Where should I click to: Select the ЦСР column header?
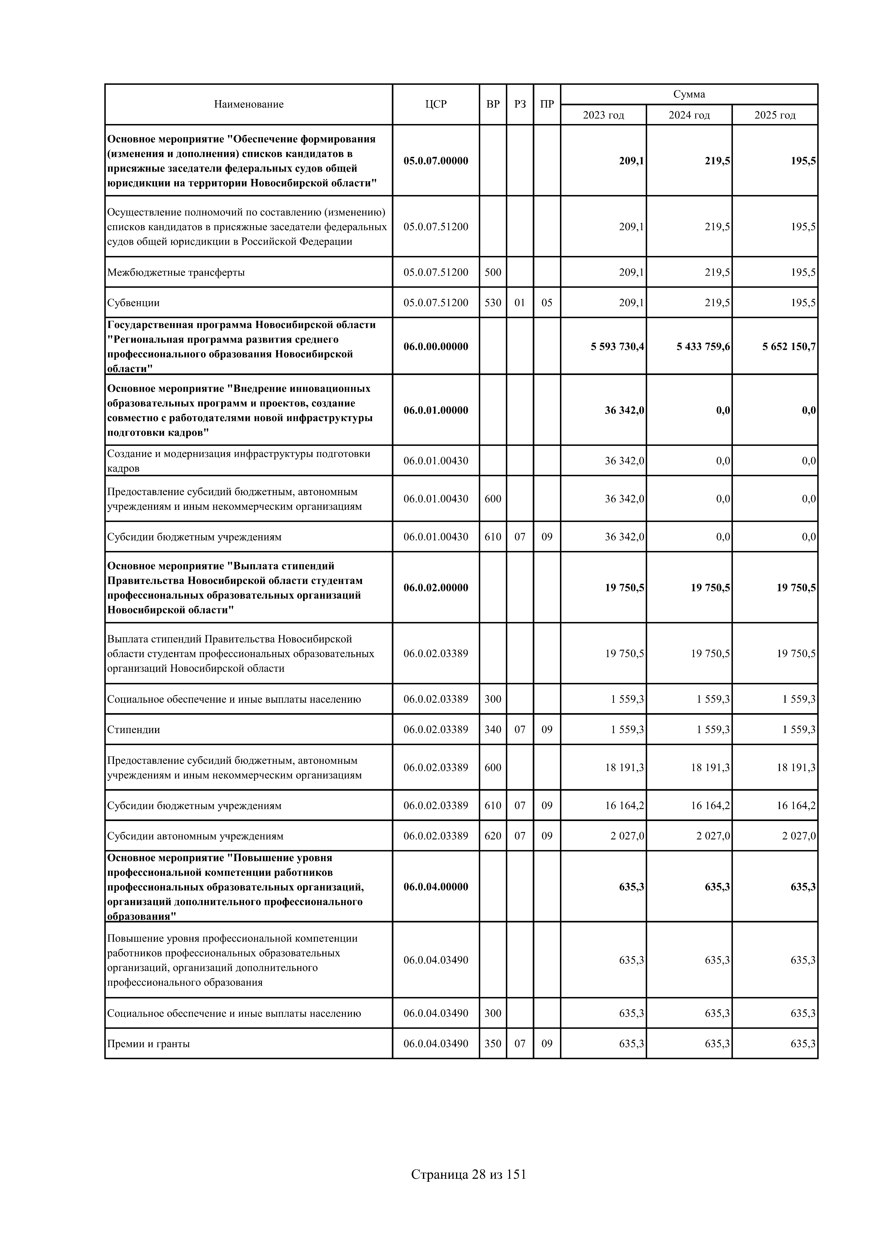[436, 104]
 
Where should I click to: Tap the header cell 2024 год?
[689, 115]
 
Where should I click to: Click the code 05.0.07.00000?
[436, 161]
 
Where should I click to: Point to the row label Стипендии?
[134, 730]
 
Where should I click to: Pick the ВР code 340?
[492, 730]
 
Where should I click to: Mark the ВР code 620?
[492, 836]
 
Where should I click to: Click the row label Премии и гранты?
[149, 1044]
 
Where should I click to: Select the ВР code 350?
[492, 1044]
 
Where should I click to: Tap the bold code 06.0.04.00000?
[436, 887]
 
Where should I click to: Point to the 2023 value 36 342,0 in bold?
[624, 410]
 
